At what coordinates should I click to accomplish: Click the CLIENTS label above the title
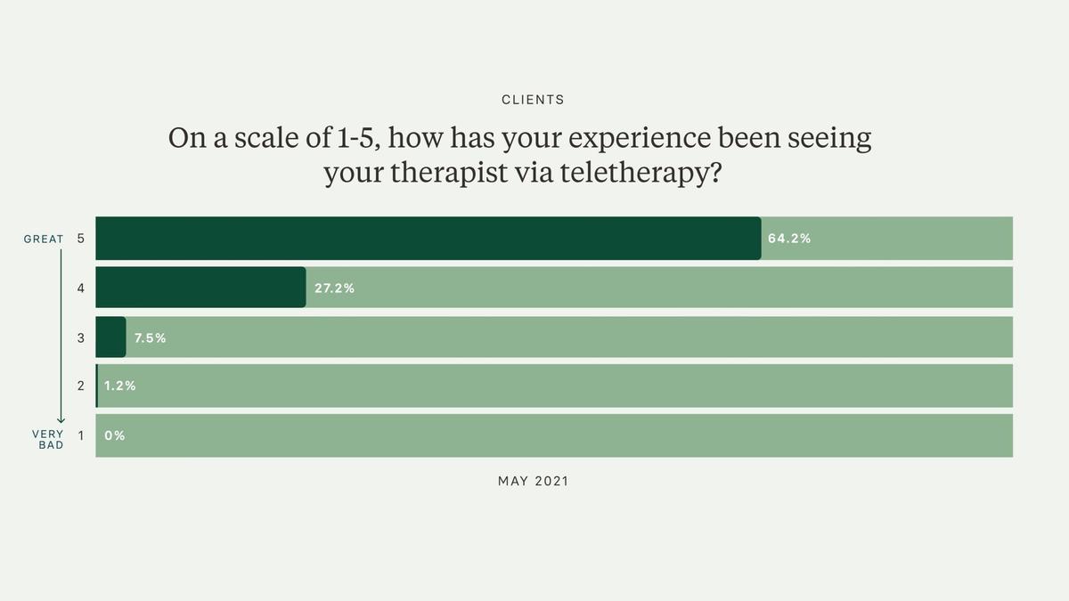533,100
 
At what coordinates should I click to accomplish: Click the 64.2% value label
789,239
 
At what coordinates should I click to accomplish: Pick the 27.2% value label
335,288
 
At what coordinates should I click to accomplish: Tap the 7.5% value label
151,338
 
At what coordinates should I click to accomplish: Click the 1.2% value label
120,386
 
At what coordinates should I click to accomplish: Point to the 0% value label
115,436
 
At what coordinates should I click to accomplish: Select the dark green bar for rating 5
428,239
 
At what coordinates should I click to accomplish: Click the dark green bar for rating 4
200,288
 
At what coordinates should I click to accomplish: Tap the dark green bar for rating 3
110,337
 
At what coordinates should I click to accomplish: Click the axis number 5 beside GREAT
80,239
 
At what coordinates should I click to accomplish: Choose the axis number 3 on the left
80,338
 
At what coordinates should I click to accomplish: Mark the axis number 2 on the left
80,386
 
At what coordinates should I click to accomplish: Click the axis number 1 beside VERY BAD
80,436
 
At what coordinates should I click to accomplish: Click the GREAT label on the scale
44,239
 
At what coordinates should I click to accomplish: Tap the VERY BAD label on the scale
49,439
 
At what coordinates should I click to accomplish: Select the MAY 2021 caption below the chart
533,481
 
